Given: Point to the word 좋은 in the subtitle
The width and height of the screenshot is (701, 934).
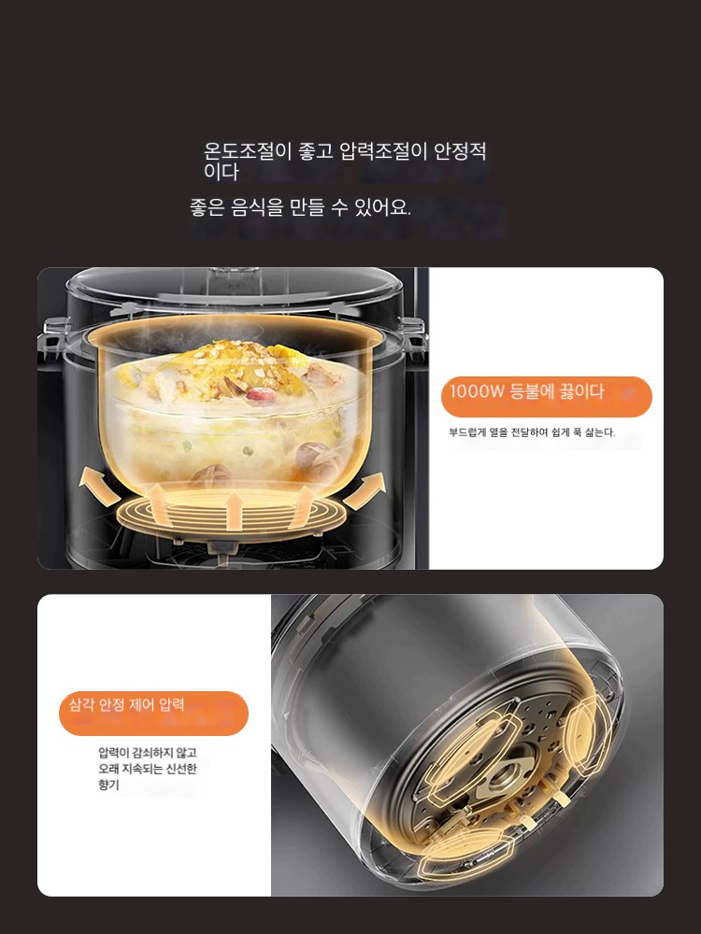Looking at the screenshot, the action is coord(207,207).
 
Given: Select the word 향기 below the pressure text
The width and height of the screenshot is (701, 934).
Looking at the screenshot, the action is coord(109,785).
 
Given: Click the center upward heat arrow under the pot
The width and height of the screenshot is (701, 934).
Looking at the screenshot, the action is coord(233,508).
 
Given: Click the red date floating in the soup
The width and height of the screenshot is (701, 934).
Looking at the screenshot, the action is coord(261,394).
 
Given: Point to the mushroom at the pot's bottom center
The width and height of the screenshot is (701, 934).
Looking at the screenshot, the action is coord(211,476).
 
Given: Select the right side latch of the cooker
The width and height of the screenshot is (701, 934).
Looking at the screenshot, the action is coord(414,333).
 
